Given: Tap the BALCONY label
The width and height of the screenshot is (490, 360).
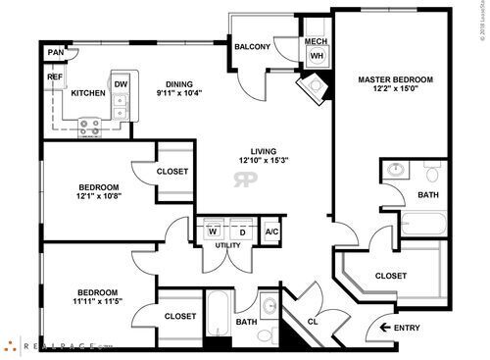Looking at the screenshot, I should pos(253,46).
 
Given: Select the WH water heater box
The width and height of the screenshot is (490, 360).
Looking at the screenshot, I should pos(317,57).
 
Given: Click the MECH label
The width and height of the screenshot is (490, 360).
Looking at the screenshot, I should pos(316,41).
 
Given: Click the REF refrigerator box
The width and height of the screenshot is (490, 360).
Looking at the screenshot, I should pos(55,77).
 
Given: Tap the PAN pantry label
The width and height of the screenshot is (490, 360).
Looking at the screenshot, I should pos(56,52).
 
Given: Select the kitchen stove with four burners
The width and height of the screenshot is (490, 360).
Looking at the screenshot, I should pos(90,125).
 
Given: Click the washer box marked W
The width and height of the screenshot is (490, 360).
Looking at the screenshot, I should pos(211,231).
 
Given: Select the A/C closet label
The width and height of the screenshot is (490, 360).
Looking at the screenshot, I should pos(271,231).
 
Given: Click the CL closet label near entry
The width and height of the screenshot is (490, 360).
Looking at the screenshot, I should pos(314,321).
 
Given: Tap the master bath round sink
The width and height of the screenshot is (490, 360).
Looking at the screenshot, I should pos(396,171).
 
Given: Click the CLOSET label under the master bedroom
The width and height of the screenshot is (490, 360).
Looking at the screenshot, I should pos(390,276).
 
